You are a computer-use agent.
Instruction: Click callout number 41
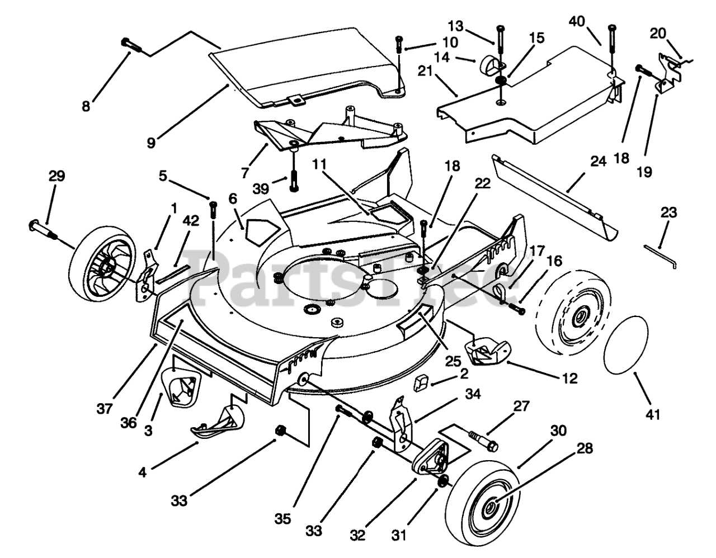click(x=653, y=415)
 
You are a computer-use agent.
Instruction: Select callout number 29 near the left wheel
click(x=56, y=177)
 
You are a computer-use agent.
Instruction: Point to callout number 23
click(x=668, y=213)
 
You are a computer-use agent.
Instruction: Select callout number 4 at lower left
click(x=143, y=472)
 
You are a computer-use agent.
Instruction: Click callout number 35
click(x=283, y=519)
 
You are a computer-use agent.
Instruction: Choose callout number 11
click(x=319, y=164)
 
